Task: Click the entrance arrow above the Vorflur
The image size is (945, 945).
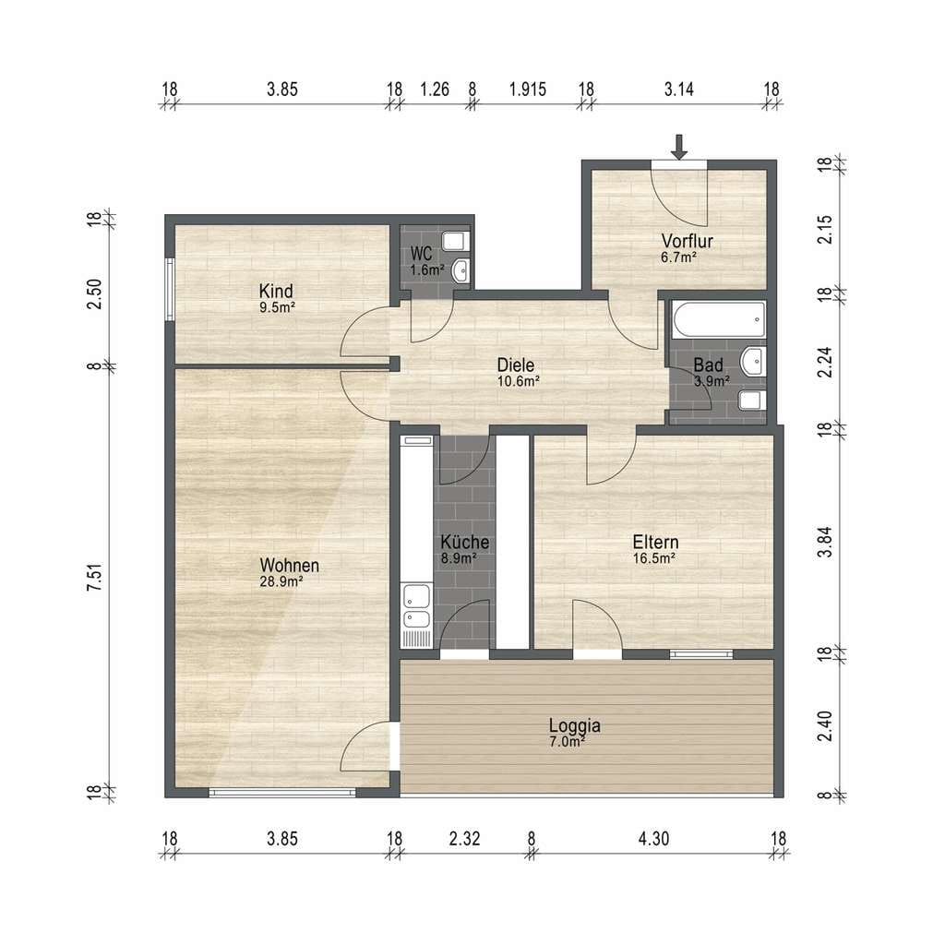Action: [x=679, y=147]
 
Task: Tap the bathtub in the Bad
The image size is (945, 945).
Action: [x=719, y=319]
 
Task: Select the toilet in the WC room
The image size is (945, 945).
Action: [x=455, y=241]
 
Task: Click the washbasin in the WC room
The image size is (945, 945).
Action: [x=461, y=271]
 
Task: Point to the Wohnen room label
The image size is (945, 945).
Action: [x=289, y=566]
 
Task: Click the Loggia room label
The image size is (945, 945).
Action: [x=574, y=725]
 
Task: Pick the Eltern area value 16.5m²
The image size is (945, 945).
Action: [x=654, y=558]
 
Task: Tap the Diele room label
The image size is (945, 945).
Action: [x=516, y=365]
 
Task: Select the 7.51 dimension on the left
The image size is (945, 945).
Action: [x=95, y=578]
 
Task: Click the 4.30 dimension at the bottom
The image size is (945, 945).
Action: [x=654, y=838]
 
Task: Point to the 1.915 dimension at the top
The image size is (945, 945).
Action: [x=528, y=90]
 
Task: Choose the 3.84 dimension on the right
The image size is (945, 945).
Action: [x=825, y=542]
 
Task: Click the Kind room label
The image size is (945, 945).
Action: [x=276, y=291]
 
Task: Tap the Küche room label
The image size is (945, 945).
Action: [x=465, y=541]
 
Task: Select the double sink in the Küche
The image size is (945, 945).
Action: [x=416, y=606]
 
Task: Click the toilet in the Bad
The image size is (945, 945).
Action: [x=753, y=401]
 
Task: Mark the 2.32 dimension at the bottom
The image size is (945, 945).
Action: [x=465, y=838]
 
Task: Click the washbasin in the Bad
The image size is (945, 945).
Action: [x=754, y=362]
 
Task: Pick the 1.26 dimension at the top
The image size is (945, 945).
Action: [x=435, y=90]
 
